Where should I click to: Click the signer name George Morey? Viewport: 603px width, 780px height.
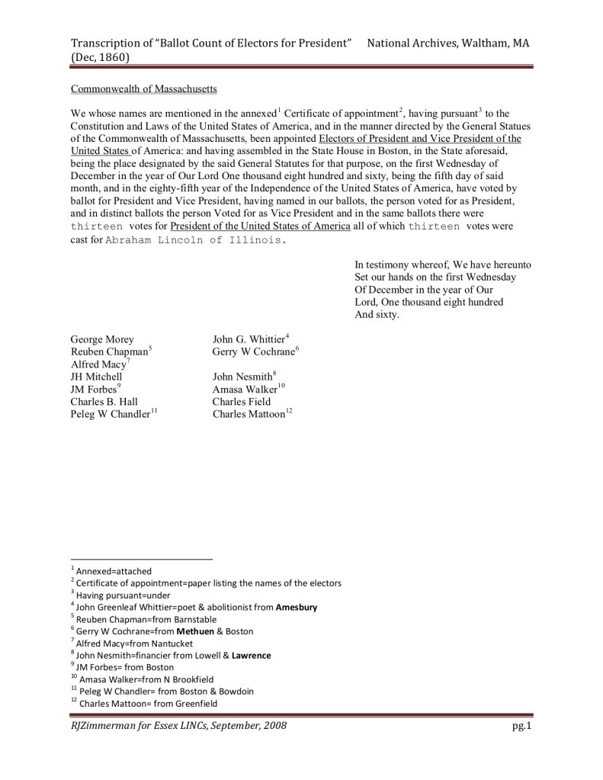[101, 339]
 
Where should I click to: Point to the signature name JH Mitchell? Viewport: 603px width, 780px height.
[96, 377]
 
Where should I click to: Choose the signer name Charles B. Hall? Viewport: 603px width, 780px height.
[103, 402]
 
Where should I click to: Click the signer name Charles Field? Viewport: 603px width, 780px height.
[242, 402]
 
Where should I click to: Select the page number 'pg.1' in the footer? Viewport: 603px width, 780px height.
[521, 726]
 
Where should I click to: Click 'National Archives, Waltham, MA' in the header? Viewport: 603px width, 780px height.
[447, 43]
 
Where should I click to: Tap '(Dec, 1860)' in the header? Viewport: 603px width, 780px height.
[99, 57]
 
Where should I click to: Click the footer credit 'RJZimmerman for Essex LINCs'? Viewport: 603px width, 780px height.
[178, 726]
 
